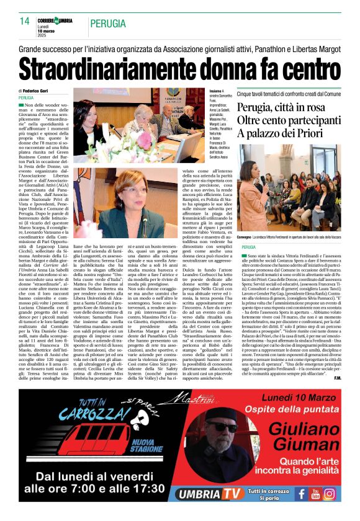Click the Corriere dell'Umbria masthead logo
pyautogui.click(x=56, y=20)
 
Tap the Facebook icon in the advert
pyautogui.click(x=301, y=494)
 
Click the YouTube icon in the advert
pyautogui.click(x=315, y=494)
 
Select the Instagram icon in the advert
pyautogui.click(x=330, y=494)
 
